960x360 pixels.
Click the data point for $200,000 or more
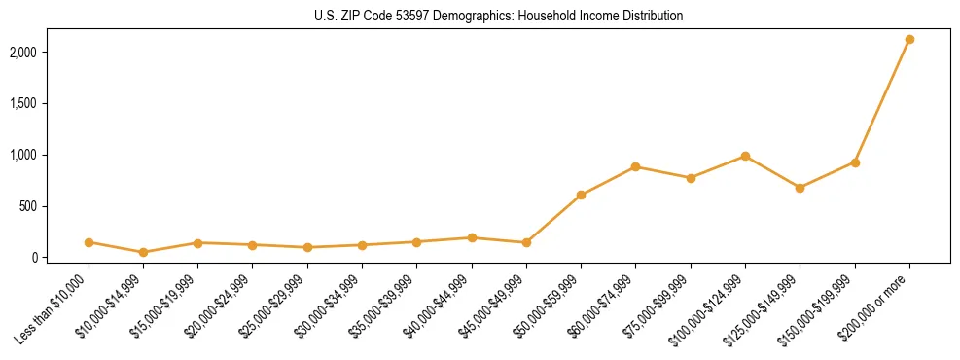point(909,39)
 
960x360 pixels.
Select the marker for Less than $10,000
point(89,242)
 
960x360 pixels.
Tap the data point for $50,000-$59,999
point(581,195)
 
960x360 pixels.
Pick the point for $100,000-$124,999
point(745,156)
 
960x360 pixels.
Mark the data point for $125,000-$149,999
point(800,188)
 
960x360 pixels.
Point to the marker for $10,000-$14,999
point(143,252)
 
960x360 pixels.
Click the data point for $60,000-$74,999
point(635,166)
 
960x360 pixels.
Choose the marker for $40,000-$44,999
point(472,237)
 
